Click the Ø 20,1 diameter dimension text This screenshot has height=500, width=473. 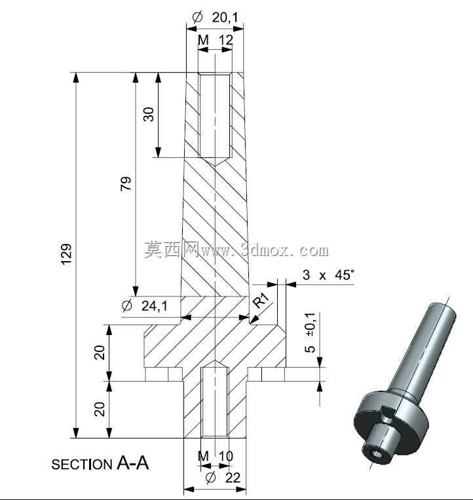point(216,17)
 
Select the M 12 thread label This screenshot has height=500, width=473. point(216,40)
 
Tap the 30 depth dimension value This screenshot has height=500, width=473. point(149,114)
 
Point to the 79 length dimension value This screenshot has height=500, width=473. point(126,183)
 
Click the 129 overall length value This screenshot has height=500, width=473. point(66,254)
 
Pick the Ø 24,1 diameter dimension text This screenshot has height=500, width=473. point(145,306)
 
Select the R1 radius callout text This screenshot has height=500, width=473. point(261,300)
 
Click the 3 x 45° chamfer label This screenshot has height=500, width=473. point(328,275)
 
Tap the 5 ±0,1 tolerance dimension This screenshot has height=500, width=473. point(310,332)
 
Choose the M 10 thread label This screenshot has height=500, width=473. point(216,456)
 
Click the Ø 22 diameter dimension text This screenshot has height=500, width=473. point(223,478)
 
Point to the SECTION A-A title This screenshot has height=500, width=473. point(100,463)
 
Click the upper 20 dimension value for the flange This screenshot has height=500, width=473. point(100,352)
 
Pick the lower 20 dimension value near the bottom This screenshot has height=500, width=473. point(100,409)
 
